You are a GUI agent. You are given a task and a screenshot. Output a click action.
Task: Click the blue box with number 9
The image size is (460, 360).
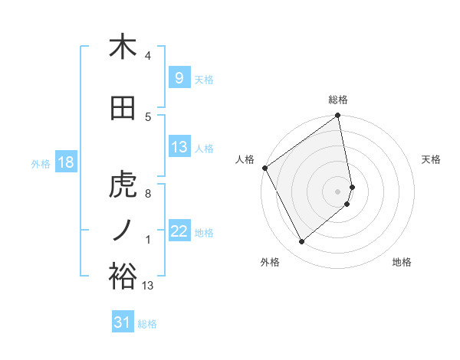(179, 78)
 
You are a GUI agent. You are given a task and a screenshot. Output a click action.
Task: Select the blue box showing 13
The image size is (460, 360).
(179, 148)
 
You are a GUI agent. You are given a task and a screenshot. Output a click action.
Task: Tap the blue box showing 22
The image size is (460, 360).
(179, 231)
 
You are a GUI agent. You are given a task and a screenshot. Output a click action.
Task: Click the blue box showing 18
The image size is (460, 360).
(65, 162)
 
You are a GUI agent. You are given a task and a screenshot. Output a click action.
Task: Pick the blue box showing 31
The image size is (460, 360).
(123, 322)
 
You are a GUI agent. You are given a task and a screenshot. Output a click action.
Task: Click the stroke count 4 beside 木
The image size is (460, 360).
(148, 56)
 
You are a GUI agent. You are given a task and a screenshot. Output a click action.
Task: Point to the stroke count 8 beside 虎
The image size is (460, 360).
(148, 194)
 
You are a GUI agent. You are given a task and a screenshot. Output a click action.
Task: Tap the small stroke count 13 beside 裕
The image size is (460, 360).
(148, 286)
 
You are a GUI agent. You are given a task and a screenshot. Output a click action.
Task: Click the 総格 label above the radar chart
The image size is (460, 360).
(338, 100)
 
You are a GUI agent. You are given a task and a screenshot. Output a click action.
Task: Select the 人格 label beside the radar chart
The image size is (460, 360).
(245, 159)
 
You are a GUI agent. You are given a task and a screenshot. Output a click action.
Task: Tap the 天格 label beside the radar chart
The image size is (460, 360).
(432, 159)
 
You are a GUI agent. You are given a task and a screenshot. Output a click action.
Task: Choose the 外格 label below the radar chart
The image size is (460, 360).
(270, 262)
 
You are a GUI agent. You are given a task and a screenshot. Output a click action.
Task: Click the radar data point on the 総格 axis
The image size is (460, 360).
(338, 116)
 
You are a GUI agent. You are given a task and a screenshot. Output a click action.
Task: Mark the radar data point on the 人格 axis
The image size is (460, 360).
(264, 168)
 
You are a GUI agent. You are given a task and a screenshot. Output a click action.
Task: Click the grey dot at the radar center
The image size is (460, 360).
(338, 191)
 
